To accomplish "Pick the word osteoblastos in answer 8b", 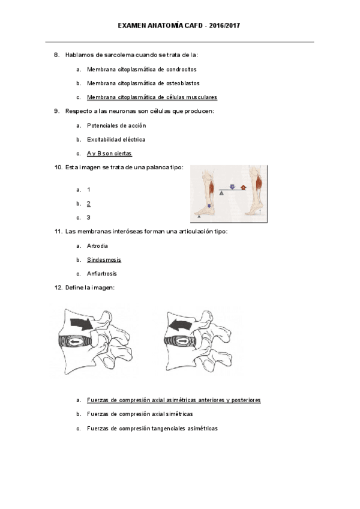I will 181,83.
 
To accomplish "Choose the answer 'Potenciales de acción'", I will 116,125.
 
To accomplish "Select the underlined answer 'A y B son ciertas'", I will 109,154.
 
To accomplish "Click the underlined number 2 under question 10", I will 89,203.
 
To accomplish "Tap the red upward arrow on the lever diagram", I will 243,188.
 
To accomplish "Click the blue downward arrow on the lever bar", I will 232,187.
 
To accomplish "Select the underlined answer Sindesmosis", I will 104,260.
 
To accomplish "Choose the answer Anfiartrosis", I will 101,274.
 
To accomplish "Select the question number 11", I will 58,232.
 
